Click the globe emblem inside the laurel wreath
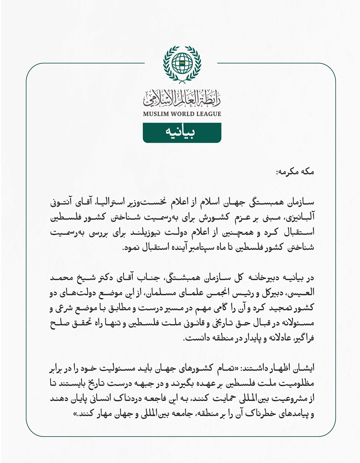[182, 63]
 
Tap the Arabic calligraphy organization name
[182, 99]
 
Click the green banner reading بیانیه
[182, 133]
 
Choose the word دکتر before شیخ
[120, 278]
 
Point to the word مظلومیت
[297, 384]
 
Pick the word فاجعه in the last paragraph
[162, 399]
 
